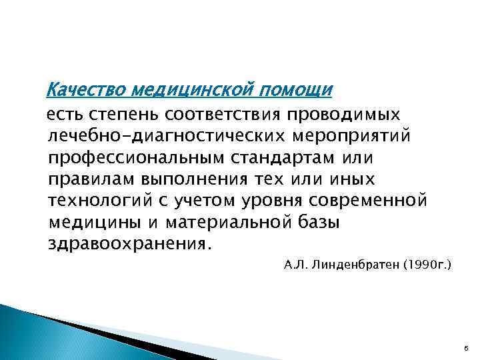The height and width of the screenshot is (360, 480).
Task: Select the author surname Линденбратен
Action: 353,265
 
